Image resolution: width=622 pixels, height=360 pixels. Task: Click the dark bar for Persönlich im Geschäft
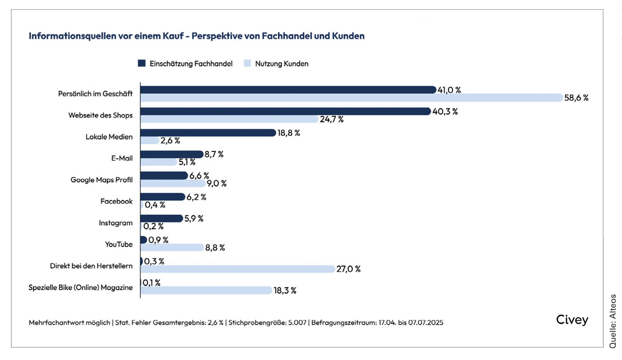pos(288,90)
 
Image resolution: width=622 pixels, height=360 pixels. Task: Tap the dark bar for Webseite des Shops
pos(285,111)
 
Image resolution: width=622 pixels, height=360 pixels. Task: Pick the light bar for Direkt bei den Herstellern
pos(237,269)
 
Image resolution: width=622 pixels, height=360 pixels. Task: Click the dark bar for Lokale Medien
pos(207,133)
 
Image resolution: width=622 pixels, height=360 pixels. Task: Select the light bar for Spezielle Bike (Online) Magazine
pos(206,290)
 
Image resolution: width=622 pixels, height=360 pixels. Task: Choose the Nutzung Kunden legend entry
pos(277,64)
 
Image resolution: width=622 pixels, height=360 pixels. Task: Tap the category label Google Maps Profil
pos(102,180)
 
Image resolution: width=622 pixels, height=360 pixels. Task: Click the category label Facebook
pos(116,201)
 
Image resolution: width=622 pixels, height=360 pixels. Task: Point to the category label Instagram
pos(116,223)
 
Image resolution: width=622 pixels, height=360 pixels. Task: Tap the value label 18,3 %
pos(285,290)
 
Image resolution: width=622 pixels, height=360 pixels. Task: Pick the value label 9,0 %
pos(216,183)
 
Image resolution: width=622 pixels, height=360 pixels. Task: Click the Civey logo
pos(572,320)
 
